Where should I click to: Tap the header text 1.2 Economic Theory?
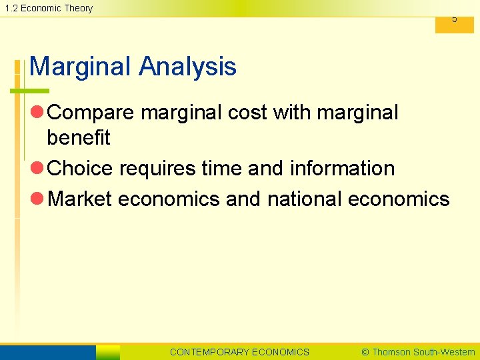pos(49,8)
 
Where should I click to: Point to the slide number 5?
pos(455,19)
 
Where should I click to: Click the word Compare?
pos(91,113)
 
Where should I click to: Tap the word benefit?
pos(78,138)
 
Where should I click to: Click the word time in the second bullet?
pos(224,169)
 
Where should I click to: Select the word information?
pos(342,169)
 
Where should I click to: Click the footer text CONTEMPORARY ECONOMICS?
pos(239,352)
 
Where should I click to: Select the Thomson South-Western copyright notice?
pos(417,352)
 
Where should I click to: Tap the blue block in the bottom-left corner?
pos(48,352)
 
